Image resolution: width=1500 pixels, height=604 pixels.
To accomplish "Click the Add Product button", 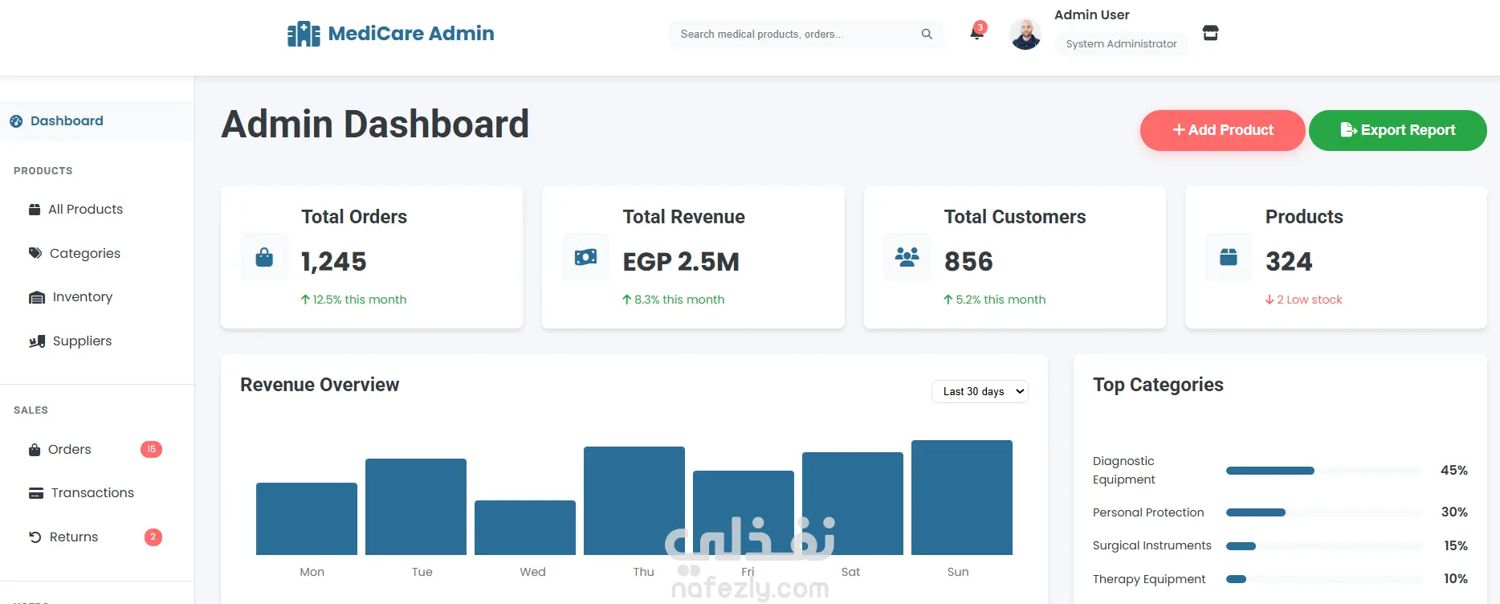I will (1222, 130).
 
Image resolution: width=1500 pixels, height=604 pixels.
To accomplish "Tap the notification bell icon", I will (976, 33).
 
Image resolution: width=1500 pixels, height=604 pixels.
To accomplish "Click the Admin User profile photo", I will (1025, 34).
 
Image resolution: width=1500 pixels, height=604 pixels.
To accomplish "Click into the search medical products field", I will (795, 34).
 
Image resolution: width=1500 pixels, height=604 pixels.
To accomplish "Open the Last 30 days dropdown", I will (980, 391).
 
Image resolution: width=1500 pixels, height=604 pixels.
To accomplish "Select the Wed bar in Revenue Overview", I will (525, 527).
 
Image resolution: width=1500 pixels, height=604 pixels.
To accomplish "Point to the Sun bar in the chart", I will (961, 497).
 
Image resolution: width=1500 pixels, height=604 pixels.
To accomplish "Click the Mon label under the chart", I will (312, 572).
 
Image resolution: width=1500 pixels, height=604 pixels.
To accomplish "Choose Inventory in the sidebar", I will (82, 297).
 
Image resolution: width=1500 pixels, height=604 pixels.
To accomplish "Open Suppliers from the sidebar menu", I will (82, 341).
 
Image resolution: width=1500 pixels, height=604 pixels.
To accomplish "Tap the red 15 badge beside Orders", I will (151, 449).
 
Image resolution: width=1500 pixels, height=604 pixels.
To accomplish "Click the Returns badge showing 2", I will (153, 537).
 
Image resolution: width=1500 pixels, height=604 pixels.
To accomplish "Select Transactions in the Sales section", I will (92, 493).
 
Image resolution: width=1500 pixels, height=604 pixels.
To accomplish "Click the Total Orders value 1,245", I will (333, 262).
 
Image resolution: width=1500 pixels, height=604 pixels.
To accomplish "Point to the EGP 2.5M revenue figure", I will (681, 262).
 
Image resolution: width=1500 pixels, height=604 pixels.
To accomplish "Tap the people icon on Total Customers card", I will (907, 257).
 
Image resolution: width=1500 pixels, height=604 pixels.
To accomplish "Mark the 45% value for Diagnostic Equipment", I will (1453, 471).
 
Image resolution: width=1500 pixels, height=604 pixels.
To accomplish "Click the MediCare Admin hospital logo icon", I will (304, 34).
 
